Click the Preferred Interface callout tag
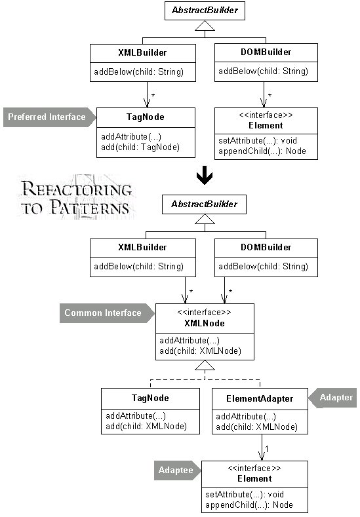pyautogui.click(x=49, y=117)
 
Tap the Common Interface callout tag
pyautogui.click(x=107, y=313)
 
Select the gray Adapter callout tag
pyautogui.click(x=332, y=398)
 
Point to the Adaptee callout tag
pyautogui.click(x=178, y=470)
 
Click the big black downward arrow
pyautogui.click(x=205, y=175)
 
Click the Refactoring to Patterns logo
pyautogui.click(x=76, y=198)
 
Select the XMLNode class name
pyautogui.click(x=205, y=323)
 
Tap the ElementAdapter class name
pyautogui.click(x=260, y=398)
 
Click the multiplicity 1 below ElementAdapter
pyautogui.click(x=267, y=449)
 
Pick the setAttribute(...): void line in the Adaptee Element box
pyautogui.click(x=245, y=494)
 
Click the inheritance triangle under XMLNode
pyautogui.click(x=205, y=365)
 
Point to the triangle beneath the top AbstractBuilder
pyautogui.click(x=205, y=26)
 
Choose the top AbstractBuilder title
pyautogui.click(x=205, y=10)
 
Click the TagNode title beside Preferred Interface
pyautogui.click(x=146, y=117)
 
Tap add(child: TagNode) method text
pyautogui.click(x=140, y=147)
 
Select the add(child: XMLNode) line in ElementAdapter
pyautogui.click(x=256, y=427)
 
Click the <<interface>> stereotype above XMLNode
pyautogui.click(x=204, y=313)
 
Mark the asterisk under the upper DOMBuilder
pyautogui.click(x=270, y=95)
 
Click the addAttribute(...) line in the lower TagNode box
pyautogui.click(x=136, y=416)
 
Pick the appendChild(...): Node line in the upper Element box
pyautogui.click(x=262, y=151)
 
